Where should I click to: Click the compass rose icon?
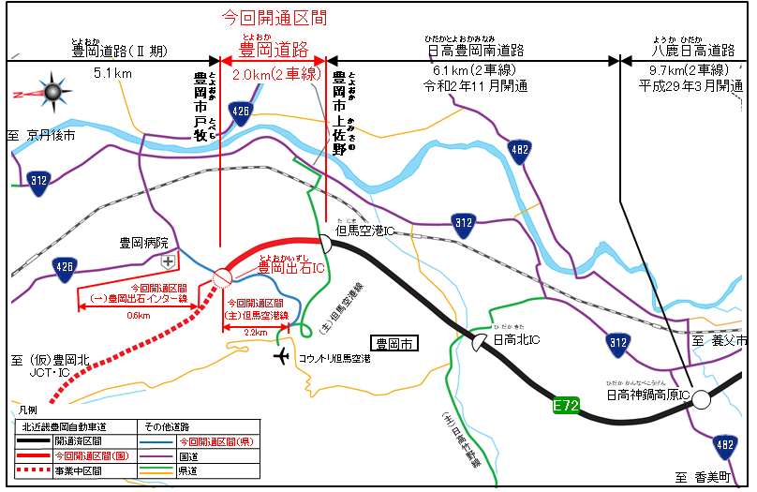point(51,90)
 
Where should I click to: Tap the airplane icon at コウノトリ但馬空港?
point(282,356)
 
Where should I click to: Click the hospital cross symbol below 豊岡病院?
point(168,261)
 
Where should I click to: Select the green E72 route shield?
point(565,406)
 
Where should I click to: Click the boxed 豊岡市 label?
point(393,343)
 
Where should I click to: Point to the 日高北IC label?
point(516,339)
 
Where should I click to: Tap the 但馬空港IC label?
point(364,231)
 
